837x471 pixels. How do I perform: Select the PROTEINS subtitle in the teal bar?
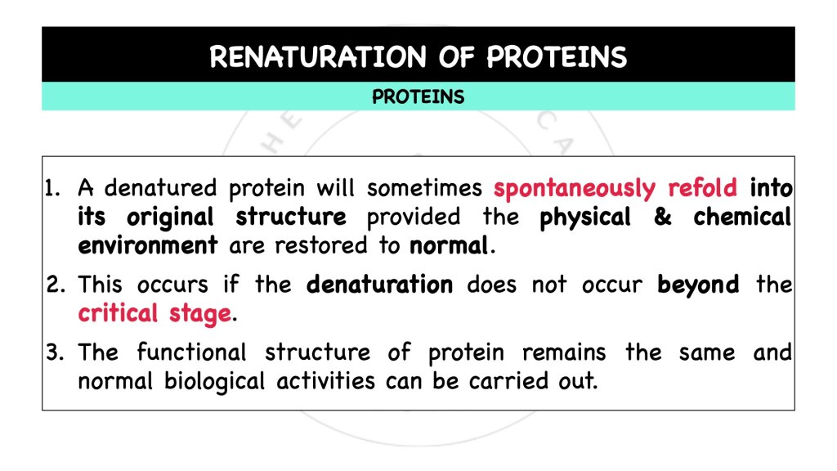pyautogui.click(x=418, y=97)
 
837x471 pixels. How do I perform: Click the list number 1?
pyautogui.click(x=54, y=189)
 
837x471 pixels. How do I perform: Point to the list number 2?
pyautogui.click(x=55, y=285)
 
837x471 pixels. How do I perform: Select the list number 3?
pyautogui.click(x=55, y=352)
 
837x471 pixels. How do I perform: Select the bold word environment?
pyautogui.click(x=148, y=245)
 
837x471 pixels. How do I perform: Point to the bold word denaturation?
pyautogui.click(x=379, y=285)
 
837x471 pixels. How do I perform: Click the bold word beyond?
pyautogui.click(x=698, y=285)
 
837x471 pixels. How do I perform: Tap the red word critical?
pyautogui.click(x=118, y=313)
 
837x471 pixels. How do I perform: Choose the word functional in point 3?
pyautogui.click(x=191, y=352)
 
